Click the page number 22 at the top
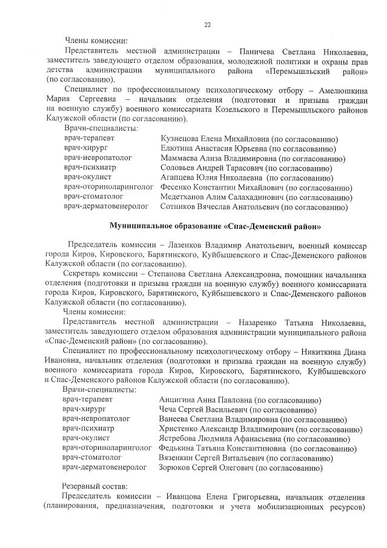207,25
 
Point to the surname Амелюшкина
338,88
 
